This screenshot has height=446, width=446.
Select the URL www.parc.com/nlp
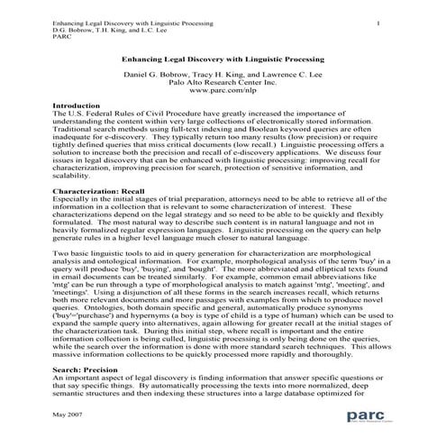223,90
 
